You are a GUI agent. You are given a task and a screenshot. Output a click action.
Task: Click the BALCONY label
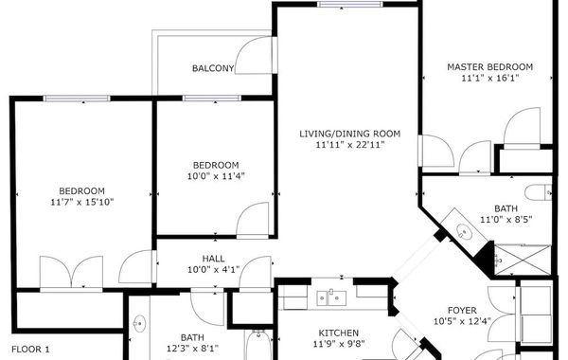click(213, 68)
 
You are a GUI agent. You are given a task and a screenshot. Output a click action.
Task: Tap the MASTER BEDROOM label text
click(489, 67)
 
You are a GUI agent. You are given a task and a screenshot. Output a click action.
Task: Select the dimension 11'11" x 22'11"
click(350, 145)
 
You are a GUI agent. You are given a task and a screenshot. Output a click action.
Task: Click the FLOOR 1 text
click(30, 350)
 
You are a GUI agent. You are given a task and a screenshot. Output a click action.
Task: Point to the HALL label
click(213, 259)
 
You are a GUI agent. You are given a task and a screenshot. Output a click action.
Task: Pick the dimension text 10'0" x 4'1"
click(213, 270)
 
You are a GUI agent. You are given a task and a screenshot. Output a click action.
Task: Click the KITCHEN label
click(339, 333)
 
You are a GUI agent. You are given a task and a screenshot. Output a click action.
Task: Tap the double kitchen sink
click(331, 298)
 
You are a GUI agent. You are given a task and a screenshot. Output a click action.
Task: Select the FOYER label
click(462, 311)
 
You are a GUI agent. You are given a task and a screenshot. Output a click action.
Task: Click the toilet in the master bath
click(539, 192)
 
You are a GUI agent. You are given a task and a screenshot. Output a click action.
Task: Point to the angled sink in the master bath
click(465, 230)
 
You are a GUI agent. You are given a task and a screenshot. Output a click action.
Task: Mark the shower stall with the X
click(523, 260)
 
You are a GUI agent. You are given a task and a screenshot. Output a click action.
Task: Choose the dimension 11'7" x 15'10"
click(82, 202)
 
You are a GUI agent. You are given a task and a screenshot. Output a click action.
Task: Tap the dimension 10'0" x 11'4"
click(216, 176)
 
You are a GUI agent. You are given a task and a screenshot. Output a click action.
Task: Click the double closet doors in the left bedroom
click(71, 272)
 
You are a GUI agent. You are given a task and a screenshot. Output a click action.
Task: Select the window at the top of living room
click(350, 5)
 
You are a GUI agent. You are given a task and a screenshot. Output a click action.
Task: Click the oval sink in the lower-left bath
click(139, 323)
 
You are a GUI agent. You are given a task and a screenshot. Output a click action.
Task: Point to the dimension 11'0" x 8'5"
click(506, 220)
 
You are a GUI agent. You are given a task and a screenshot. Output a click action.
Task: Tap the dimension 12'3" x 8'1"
click(192, 349)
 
